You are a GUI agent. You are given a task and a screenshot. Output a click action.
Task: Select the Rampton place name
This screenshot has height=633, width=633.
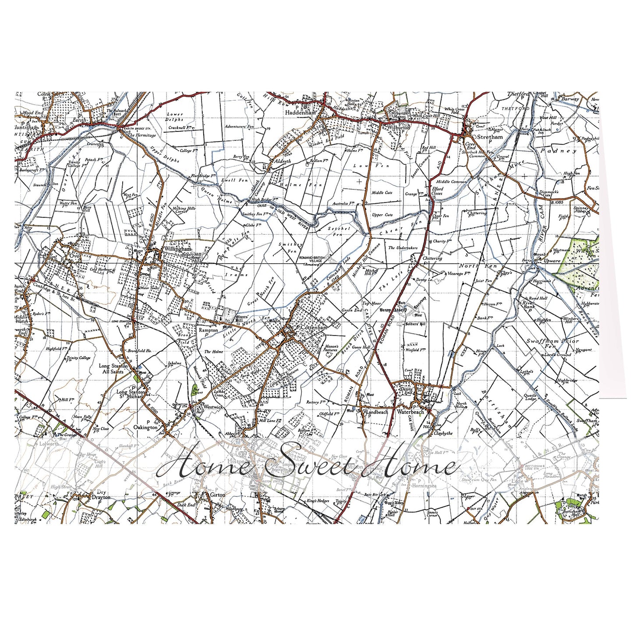pyautogui.click(x=208, y=330)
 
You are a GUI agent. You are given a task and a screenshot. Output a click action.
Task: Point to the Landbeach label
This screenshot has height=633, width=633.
pyautogui.click(x=376, y=412)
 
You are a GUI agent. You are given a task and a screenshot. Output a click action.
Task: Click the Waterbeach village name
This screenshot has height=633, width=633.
pyautogui.click(x=411, y=412)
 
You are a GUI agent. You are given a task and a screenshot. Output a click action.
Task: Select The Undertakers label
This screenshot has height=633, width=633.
pyautogui.click(x=403, y=248)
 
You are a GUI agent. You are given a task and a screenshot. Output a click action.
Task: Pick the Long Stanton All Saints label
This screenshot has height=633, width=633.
pyautogui.click(x=113, y=368)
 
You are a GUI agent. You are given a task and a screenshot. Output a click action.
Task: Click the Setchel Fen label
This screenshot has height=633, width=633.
pyautogui.click(x=339, y=231)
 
